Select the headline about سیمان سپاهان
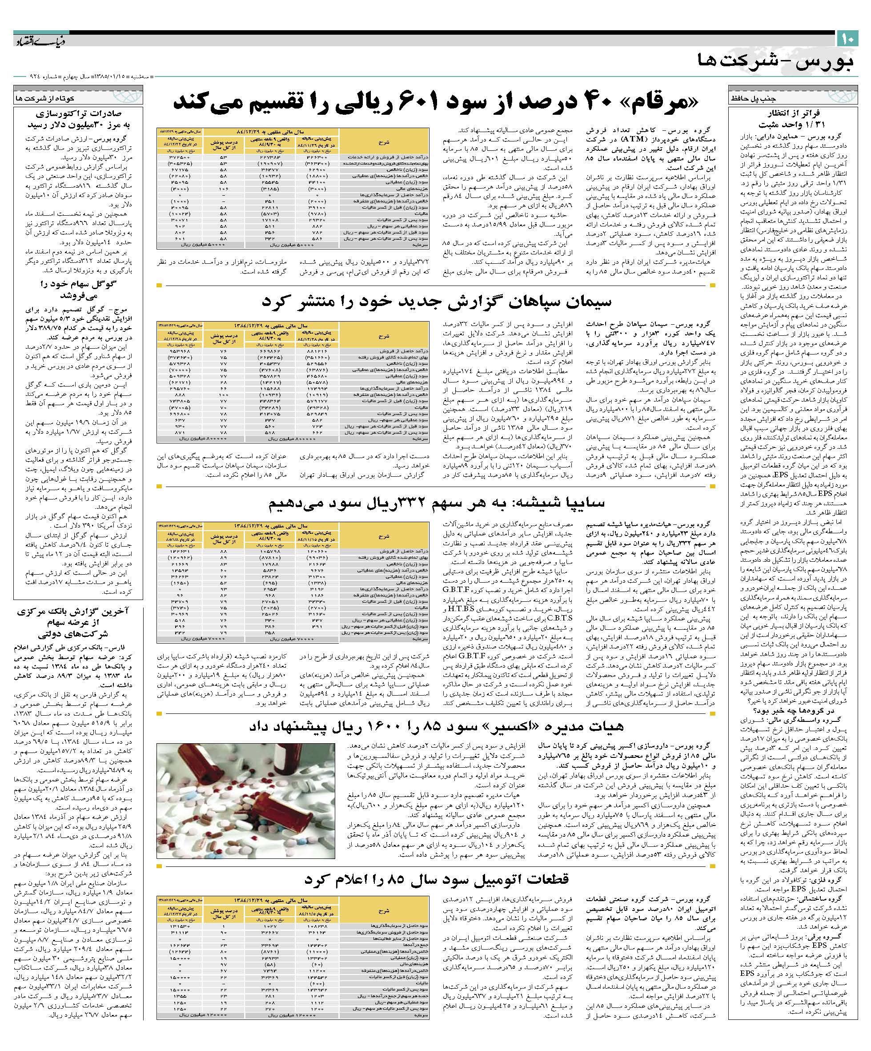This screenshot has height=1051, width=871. point(436,302)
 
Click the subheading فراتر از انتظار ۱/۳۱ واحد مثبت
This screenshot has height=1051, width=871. point(795,119)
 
